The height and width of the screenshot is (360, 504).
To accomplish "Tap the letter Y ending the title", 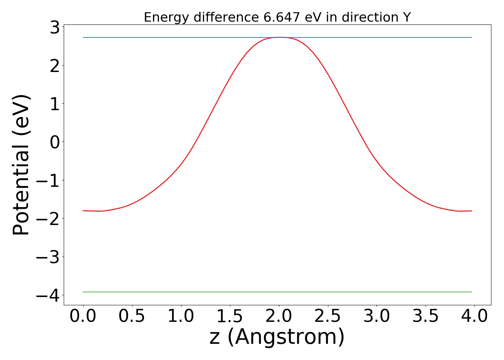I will (407, 17).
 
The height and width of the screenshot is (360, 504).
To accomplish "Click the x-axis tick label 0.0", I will (83, 316).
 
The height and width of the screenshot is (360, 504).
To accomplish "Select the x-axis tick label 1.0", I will (181, 316).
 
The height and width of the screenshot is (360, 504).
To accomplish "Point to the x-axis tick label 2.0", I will (279, 316).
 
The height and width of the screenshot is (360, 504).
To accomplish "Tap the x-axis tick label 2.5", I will (328, 316).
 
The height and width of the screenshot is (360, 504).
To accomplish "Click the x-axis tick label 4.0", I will (474, 316).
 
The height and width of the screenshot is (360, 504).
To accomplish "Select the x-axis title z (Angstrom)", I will (277, 337).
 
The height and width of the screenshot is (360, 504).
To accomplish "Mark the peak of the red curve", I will (280, 37).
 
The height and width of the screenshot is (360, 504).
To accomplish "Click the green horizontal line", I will (277, 292).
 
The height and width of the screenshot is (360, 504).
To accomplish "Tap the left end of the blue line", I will (84, 37).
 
